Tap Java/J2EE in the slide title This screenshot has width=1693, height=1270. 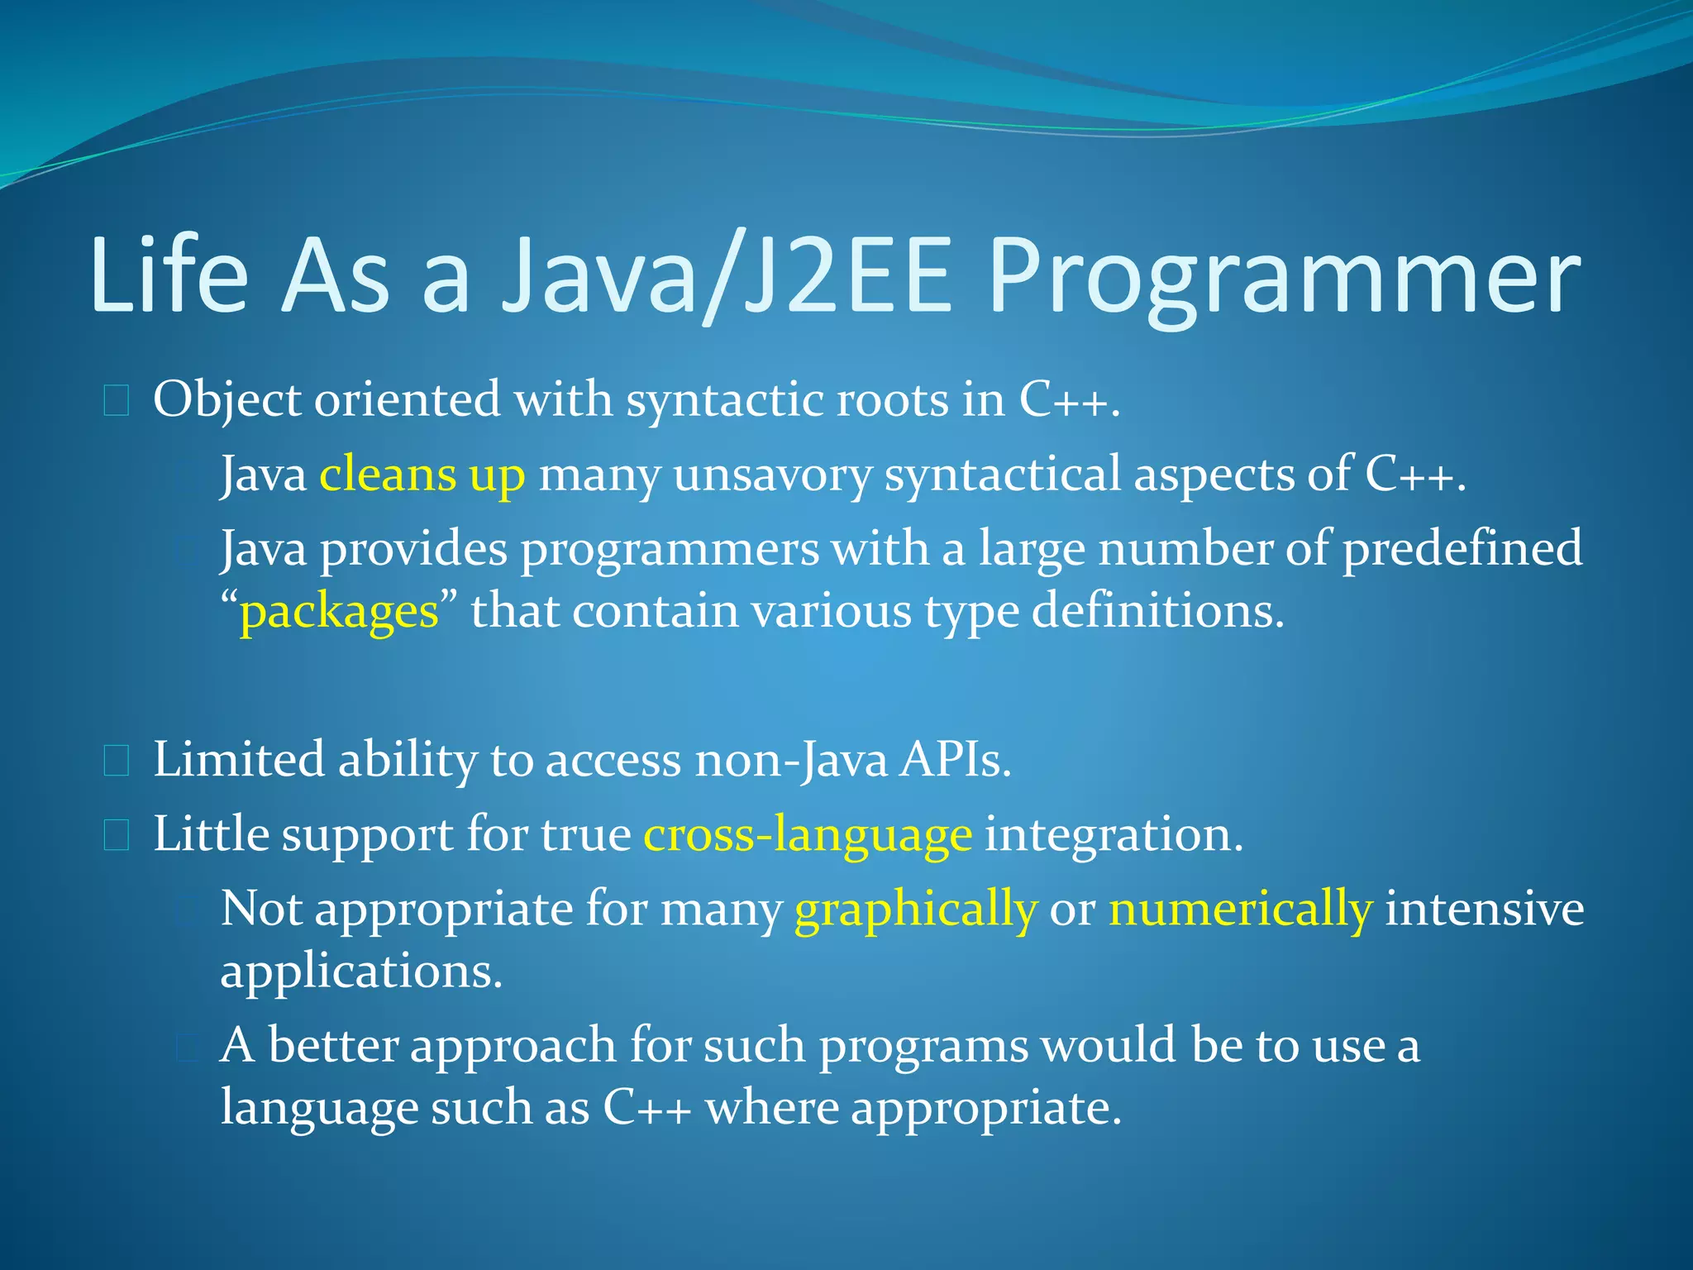(x=727, y=277)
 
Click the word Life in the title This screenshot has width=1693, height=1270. (x=169, y=277)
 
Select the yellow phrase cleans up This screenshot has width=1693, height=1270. (x=422, y=475)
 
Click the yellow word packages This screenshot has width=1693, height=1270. (x=339, y=613)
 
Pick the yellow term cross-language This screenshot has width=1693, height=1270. (x=808, y=834)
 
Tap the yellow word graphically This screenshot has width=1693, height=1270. (x=915, y=910)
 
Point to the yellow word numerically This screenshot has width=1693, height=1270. (x=1240, y=910)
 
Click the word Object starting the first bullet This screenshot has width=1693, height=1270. (x=227, y=401)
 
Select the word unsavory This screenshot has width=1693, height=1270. (x=772, y=475)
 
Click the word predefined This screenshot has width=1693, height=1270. (x=1462, y=549)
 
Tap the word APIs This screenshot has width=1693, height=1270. (x=955, y=760)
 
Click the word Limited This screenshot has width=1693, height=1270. (x=239, y=760)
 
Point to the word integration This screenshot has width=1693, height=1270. (x=1114, y=834)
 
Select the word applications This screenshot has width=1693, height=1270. (x=361, y=972)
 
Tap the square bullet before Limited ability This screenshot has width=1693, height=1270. (x=117, y=761)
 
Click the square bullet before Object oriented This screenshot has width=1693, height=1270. (x=117, y=401)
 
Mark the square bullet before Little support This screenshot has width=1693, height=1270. (x=117, y=835)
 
